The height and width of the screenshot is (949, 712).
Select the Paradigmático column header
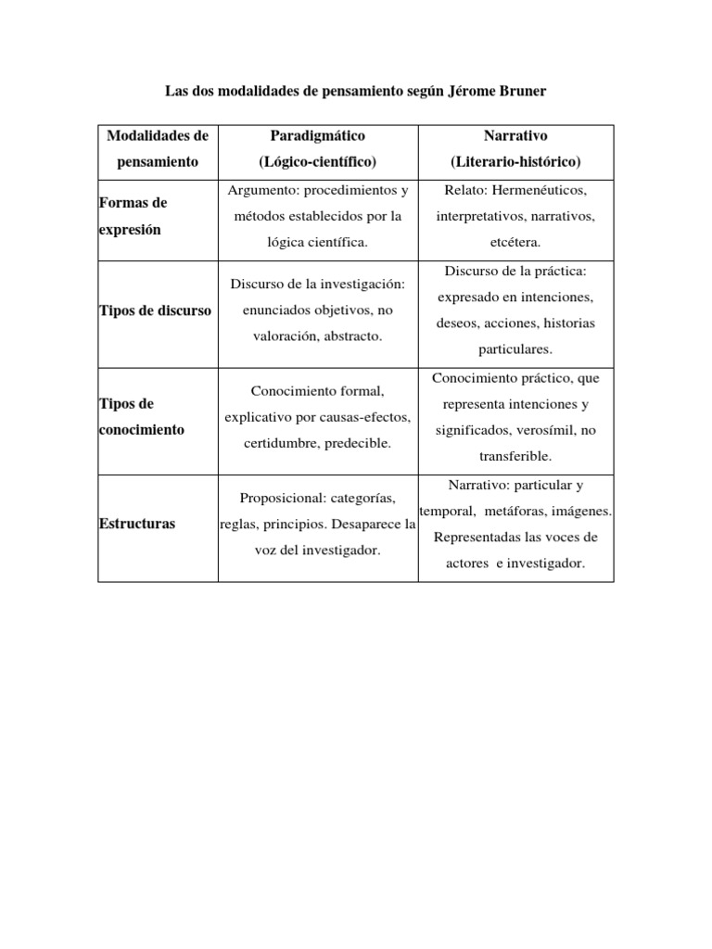[318, 135]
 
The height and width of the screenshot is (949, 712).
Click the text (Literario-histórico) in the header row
[515, 161]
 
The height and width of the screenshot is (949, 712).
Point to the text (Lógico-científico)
[318, 161]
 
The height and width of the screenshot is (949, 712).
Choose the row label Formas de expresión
[133, 216]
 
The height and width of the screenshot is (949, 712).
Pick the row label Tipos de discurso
[155, 310]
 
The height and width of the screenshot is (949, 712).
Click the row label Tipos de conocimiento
[141, 417]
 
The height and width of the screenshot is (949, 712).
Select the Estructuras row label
[136, 524]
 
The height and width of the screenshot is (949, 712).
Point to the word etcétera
[515, 242]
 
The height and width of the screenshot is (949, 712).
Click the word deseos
[455, 323]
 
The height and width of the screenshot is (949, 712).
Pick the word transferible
[515, 457]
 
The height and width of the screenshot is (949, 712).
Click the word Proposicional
[280, 499]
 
